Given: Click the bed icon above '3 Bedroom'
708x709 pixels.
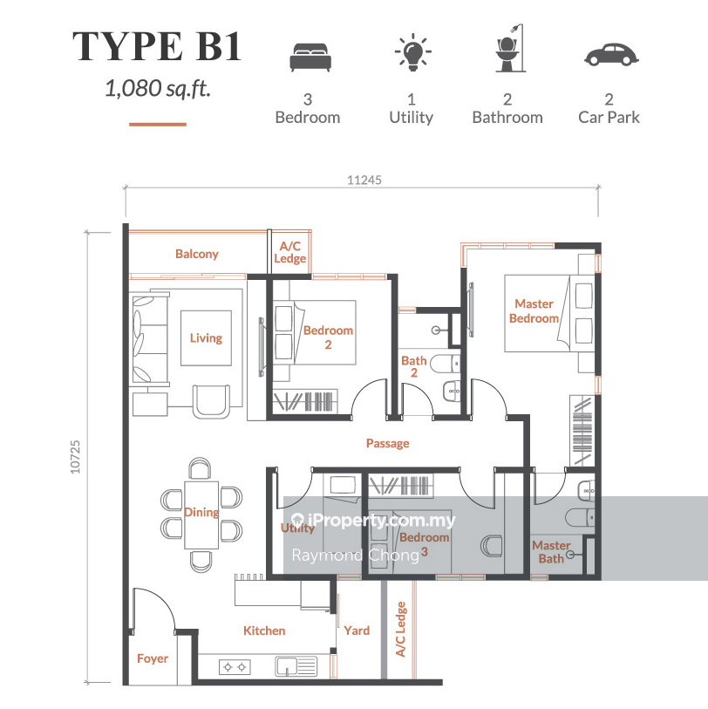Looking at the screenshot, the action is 310,57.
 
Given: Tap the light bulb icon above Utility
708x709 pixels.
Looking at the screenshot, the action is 412,52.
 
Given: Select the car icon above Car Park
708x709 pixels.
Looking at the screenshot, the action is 611,55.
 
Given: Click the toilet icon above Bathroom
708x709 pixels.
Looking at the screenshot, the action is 510,48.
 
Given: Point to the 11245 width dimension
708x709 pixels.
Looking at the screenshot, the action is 364,181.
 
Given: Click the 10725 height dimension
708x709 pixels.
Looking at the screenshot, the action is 75,457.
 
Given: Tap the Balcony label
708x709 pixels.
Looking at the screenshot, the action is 197,254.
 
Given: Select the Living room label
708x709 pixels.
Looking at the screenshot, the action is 206,338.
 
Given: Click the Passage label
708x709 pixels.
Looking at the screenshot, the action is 387,444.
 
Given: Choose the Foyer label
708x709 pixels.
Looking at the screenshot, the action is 153,658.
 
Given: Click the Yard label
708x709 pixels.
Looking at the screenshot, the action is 357,631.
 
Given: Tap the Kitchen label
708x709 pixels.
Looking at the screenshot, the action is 264,631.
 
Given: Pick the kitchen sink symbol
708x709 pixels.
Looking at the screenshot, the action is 296,666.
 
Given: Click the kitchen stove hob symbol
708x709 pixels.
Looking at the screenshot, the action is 235,667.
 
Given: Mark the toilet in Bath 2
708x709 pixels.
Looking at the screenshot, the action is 445,364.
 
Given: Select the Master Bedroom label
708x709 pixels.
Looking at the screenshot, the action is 534,311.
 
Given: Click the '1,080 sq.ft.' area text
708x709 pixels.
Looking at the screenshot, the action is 158,88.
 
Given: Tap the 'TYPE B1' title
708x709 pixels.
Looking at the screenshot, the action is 157,46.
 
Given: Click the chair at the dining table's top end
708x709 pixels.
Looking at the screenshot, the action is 200,468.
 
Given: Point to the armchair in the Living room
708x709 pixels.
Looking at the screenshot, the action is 211,401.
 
